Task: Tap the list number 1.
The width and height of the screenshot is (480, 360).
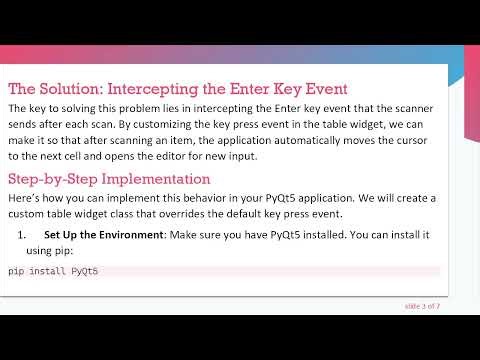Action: pos(23,235)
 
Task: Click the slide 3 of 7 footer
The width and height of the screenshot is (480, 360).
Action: pos(422,305)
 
